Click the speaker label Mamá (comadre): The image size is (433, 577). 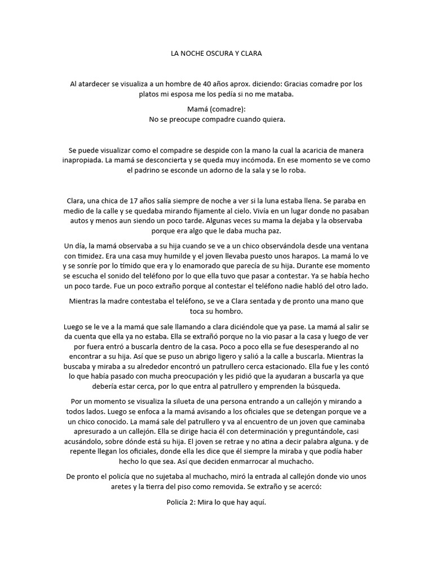pyautogui.click(x=216, y=109)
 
